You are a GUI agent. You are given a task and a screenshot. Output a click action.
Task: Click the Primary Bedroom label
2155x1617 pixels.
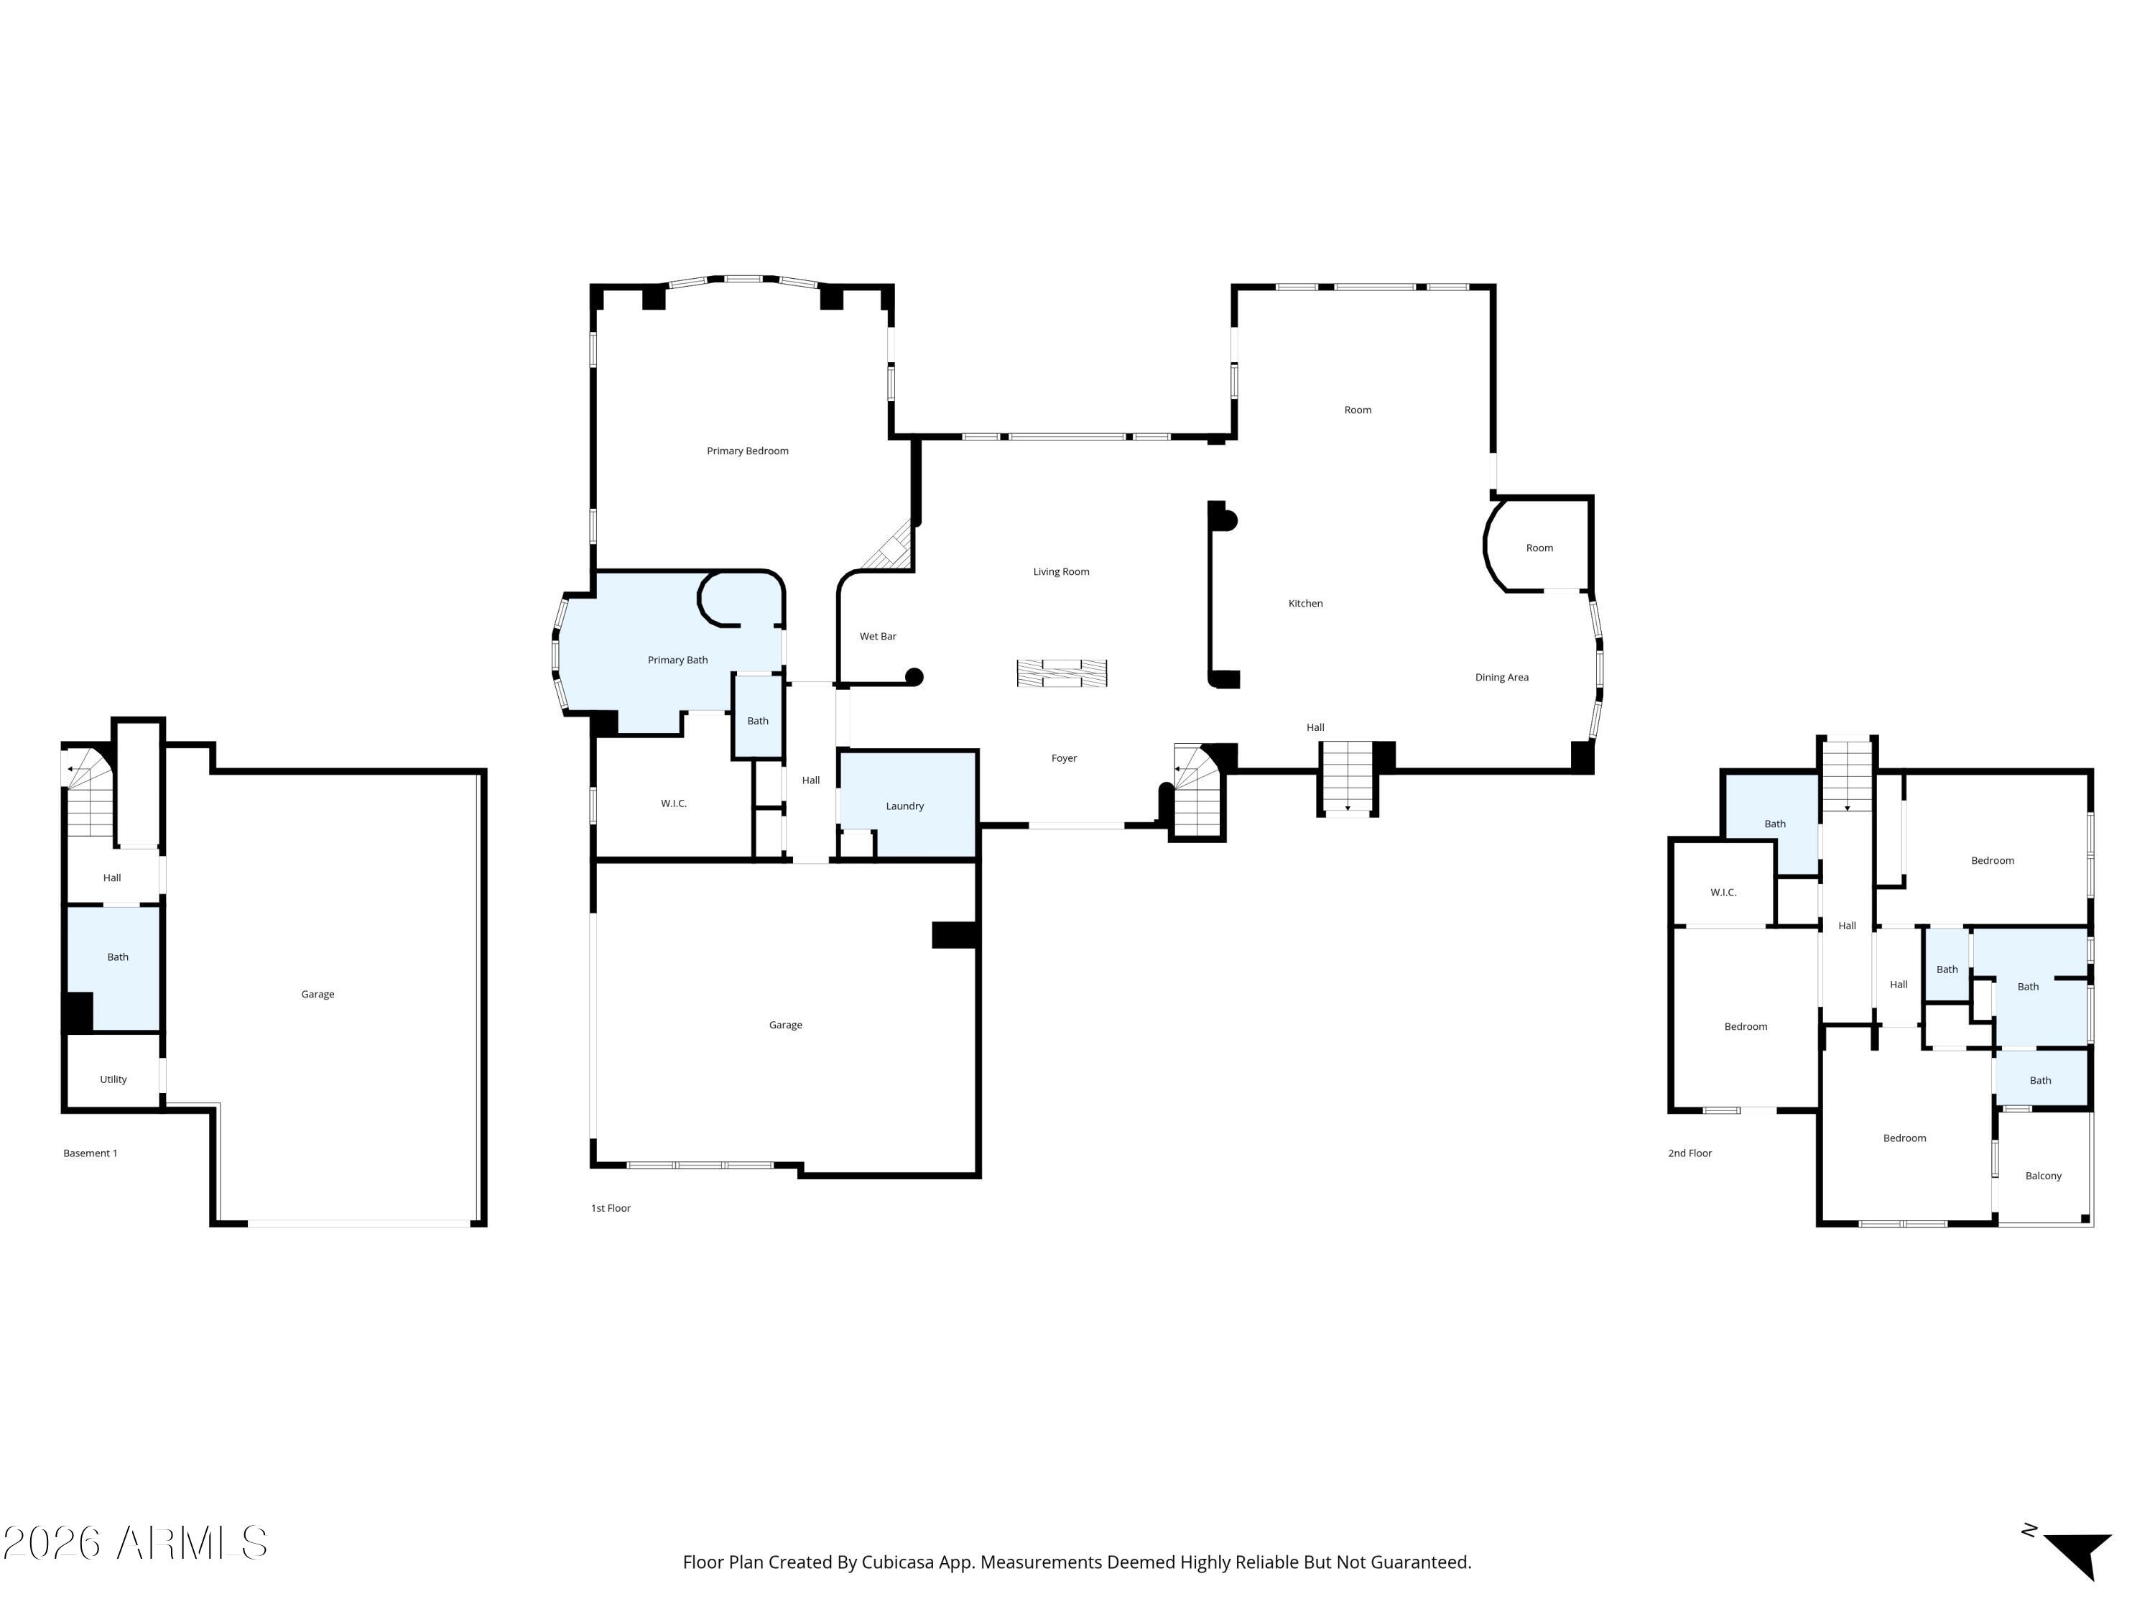point(747,451)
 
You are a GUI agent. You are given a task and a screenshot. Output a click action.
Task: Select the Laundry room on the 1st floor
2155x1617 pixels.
point(908,803)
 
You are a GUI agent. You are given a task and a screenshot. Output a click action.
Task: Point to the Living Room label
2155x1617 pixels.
point(1061,571)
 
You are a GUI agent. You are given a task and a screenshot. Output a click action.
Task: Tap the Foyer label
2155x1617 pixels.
point(1064,758)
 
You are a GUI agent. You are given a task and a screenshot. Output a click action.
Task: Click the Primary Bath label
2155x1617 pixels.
point(678,660)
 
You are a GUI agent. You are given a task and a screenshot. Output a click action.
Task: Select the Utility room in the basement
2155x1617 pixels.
point(113,1070)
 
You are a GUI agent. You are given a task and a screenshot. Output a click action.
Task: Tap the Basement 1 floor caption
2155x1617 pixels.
point(91,1153)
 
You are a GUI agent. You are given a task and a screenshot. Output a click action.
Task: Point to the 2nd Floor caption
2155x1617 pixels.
point(1690,1153)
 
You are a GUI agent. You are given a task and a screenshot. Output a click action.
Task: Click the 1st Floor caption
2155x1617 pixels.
point(611,1207)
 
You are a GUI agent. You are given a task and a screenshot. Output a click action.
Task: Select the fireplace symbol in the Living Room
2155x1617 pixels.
point(1062,673)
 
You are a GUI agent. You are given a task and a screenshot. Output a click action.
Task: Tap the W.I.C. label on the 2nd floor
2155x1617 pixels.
point(1723,892)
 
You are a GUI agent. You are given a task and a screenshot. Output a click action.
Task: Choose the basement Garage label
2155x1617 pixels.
point(318,994)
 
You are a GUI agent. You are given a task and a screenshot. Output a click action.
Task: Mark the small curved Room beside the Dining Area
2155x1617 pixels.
point(1537,545)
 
